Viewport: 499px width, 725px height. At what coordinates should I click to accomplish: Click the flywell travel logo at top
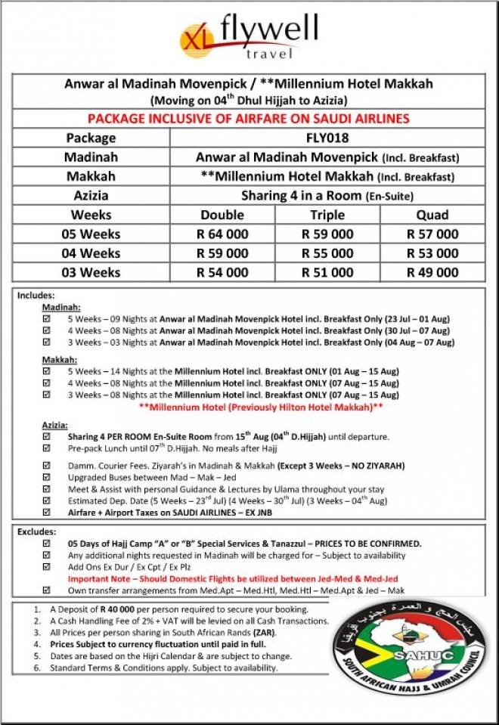[x=249, y=36]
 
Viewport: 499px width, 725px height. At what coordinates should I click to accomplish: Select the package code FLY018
[x=327, y=138]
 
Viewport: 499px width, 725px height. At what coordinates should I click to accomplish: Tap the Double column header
[x=222, y=215]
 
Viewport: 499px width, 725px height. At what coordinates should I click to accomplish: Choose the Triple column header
[x=327, y=215]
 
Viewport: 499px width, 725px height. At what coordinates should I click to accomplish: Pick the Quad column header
[x=432, y=215]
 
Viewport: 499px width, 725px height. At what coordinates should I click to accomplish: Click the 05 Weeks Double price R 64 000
[x=222, y=234]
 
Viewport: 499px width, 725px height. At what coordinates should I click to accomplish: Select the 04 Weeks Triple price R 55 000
[x=327, y=253]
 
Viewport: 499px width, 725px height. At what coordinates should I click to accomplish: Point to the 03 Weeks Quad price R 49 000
[x=432, y=272]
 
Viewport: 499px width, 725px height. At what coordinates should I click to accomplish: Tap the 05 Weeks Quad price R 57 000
[x=432, y=234]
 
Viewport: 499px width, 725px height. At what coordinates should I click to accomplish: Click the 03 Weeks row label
[x=90, y=272]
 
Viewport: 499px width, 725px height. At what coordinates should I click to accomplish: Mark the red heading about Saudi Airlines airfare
[x=249, y=119]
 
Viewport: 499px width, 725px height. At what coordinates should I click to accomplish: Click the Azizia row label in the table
[x=90, y=195]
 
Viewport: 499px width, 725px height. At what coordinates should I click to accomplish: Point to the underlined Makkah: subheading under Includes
[x=57, y=359]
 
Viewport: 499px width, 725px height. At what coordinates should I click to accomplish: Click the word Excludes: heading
[x=37, y=532]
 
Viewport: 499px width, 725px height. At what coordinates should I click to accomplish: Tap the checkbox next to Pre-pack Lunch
[x=47, y=448]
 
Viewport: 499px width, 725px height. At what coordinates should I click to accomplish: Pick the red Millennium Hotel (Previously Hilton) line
[x=262, y=406]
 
